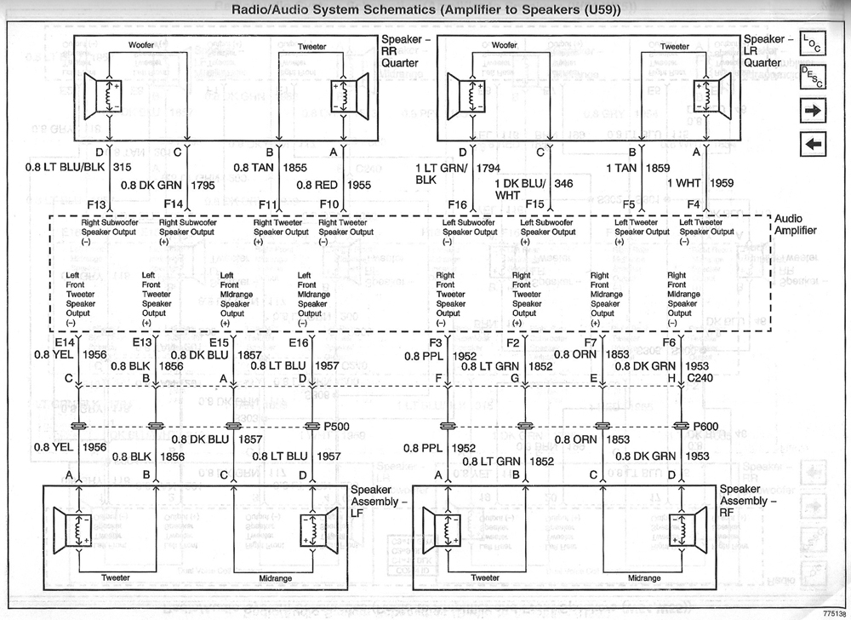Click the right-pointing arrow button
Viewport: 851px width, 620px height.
814,111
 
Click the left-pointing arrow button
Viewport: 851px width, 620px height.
814,145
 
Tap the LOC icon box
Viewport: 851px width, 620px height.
813,43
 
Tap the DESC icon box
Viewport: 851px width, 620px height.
813,77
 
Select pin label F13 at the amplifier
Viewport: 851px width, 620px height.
96,205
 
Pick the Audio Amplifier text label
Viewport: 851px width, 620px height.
796,225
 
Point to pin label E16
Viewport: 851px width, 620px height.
298,342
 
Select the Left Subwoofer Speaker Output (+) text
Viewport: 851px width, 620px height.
545,232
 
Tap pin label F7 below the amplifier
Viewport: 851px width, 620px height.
591,342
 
